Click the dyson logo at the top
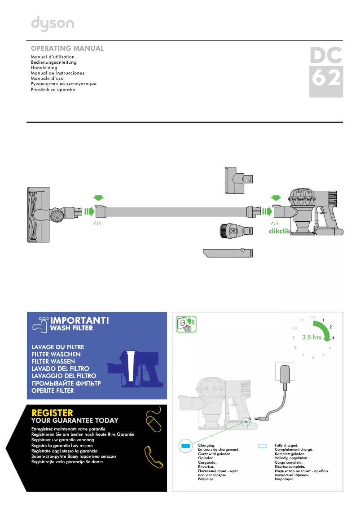tap(52, 24)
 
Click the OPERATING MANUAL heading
tap(67, 48)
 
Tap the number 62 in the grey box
tap(326, 79)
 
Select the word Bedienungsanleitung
tap(53, 62)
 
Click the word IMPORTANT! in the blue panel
tap(80, 320)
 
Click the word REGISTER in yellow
tap(52, 412)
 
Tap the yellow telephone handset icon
tap(153, 457)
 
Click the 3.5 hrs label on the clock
tap(312, 337)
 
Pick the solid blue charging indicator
tap(186, 446)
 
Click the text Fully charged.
tap(286, 445)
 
